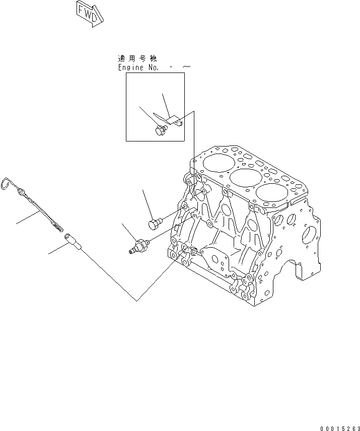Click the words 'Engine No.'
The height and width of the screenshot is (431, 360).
pos(138,67)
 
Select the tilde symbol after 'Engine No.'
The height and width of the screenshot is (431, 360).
pos(186,66)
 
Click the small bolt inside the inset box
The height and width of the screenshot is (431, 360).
pos(161,130)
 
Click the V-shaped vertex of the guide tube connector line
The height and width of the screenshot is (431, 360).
pos(137,301)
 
